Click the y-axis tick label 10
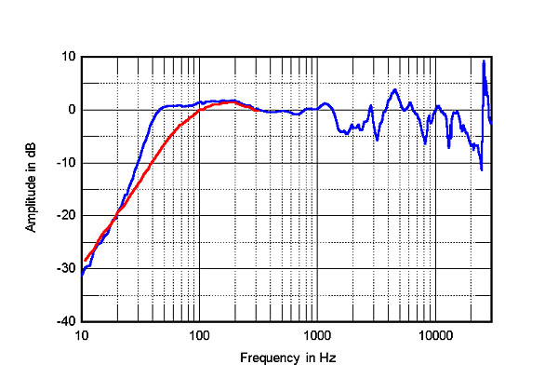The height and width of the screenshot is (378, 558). coord(67,57)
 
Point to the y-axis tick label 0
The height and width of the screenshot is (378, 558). coord(71,110)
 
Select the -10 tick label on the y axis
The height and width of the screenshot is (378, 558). coord(65,163)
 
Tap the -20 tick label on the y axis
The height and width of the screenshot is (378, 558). coord(65,215)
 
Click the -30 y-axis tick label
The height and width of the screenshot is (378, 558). coord(65,268)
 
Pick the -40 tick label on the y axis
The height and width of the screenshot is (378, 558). coord(65,321)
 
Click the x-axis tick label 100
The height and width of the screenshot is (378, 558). coord(199,334)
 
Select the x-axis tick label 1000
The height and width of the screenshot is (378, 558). coord(316,334)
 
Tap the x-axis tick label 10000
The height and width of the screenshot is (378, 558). coord(433,334)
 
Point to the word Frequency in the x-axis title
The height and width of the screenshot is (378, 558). coord(266,358)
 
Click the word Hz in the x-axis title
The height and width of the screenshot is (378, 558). coord(326,358)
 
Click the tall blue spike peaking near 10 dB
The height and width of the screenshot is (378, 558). coord(485,62)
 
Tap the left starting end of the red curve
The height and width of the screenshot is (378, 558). coord(85,261)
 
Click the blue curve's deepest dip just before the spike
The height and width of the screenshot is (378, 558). coord(481,169)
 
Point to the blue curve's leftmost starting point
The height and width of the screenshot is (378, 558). coord(82,276)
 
